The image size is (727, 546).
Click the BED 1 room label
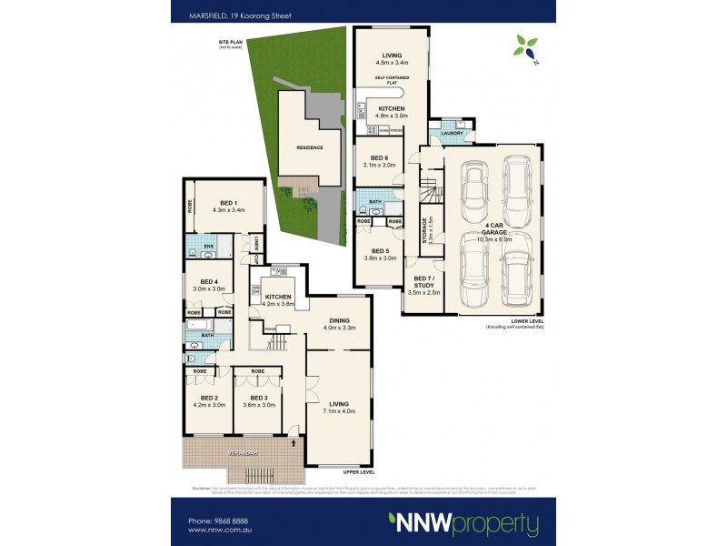pos(229,203)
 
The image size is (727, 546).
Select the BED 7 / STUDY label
pos(426,283)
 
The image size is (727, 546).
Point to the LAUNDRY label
pos(452,134)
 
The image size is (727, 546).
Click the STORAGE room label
pos(424,233)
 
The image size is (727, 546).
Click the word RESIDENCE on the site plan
pos(309,147)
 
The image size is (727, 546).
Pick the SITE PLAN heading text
pos(232,42)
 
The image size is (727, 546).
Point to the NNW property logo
pos(463,524)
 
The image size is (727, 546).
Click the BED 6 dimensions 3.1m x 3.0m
pos(379,166)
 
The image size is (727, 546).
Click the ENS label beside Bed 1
pos(208,246)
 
